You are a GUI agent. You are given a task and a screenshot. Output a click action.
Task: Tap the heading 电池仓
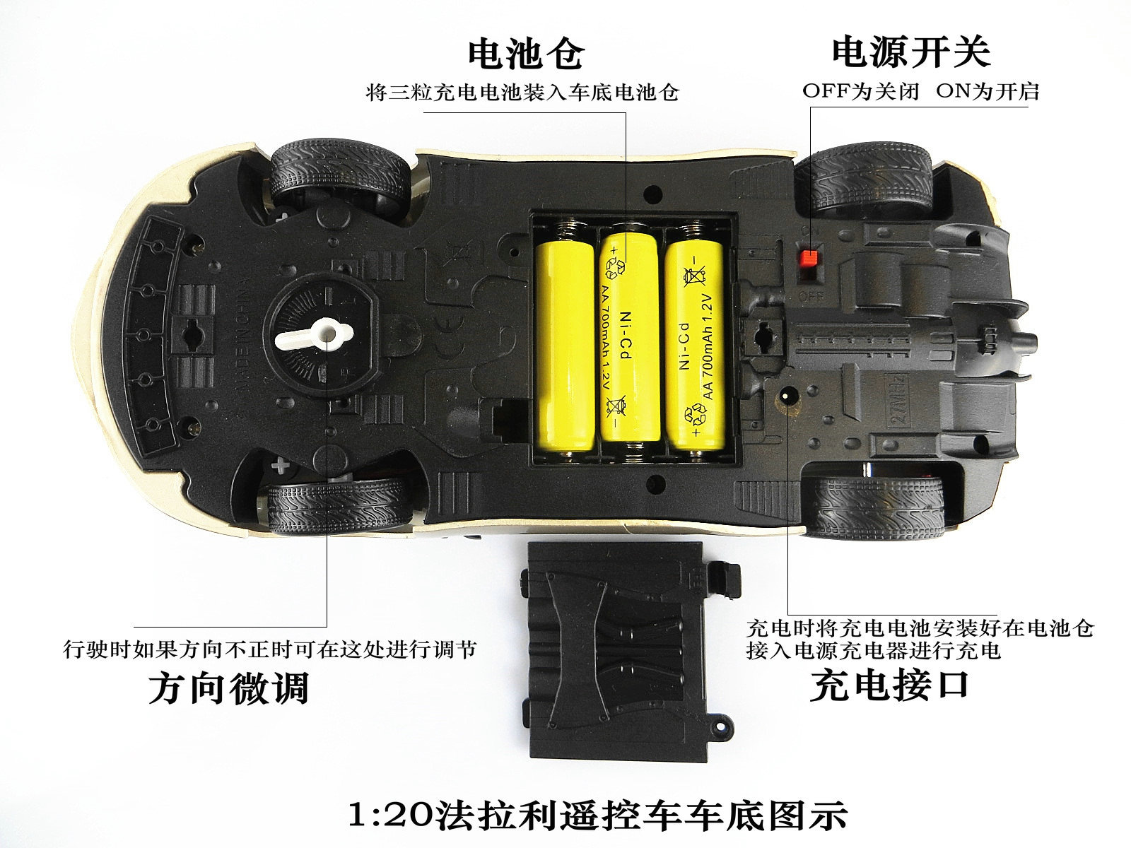click(527, 54)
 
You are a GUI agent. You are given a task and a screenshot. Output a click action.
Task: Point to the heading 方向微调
click(229, 687)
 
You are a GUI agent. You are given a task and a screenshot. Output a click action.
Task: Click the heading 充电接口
click(889, 684)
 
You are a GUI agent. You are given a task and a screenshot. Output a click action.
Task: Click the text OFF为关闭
click(860, 93)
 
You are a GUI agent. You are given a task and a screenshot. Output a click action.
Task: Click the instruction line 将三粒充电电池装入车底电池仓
click(522, 93)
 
